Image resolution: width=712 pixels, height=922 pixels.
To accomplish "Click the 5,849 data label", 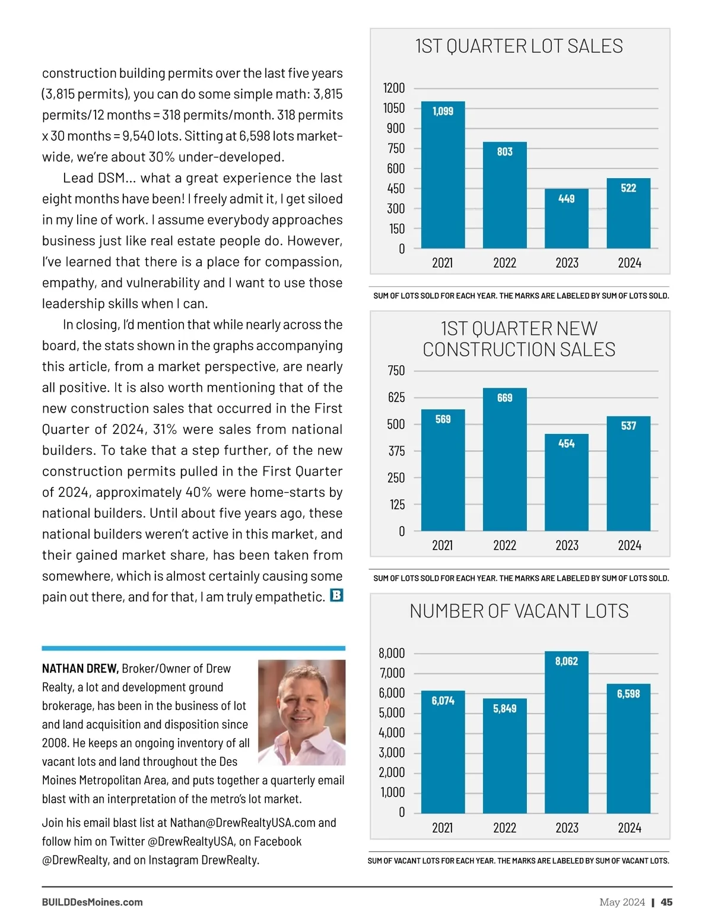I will click(504, 708).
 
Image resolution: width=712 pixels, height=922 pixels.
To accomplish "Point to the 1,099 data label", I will click(443, 111).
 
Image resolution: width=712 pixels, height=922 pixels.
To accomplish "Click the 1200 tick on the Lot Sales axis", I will click(394, 88).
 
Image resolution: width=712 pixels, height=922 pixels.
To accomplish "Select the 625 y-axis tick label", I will click(396, 397).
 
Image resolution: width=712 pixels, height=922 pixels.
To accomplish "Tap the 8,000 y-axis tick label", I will click(392, 653).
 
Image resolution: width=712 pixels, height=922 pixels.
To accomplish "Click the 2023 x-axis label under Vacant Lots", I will click(567, 828).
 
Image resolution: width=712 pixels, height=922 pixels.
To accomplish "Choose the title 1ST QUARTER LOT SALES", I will click(519, 46).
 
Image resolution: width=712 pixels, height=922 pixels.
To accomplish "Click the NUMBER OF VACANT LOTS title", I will click(519, 611).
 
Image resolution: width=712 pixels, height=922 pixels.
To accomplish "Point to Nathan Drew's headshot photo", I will click(301, 712).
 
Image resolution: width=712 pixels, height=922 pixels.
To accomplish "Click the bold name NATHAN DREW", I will click(80, 668).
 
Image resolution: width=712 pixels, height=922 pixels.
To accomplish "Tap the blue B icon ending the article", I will click(336, 595).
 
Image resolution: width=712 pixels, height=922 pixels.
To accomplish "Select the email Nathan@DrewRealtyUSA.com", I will click(243, 823).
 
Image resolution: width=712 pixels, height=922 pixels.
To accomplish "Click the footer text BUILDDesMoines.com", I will click(92, 902).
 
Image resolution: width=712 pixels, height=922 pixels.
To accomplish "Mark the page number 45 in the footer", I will click(666, 902).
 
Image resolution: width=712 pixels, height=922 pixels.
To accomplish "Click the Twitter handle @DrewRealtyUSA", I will click(192, 841).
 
